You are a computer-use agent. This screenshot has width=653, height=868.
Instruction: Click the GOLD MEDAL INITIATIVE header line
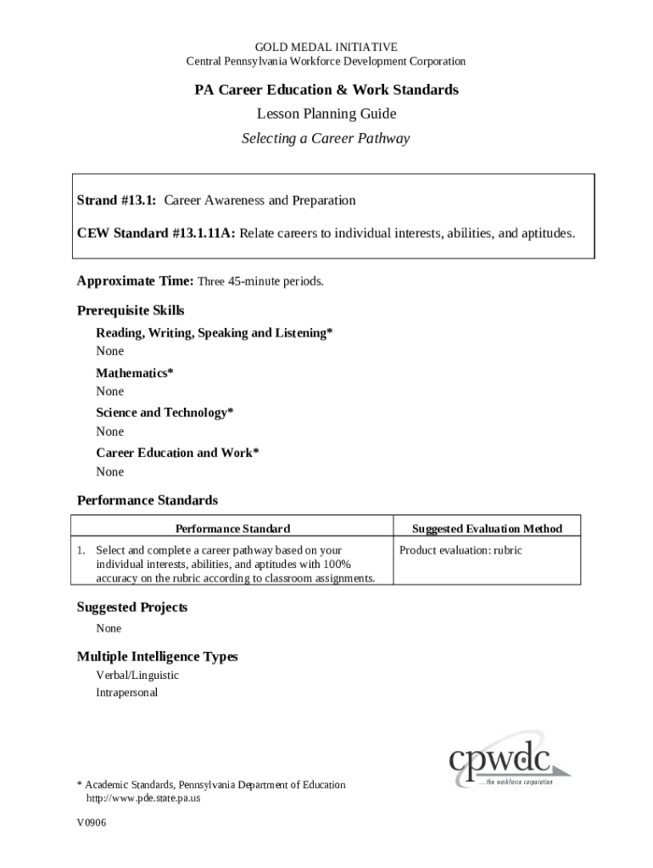pos(326,47)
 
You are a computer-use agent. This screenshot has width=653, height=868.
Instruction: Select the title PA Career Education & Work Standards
pos(326,90)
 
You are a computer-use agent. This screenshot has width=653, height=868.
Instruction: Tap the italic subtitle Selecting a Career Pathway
pos(326,138)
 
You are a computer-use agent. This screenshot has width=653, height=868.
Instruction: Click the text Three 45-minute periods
pos(260,281)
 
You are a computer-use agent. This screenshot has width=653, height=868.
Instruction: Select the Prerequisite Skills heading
pos(131,310)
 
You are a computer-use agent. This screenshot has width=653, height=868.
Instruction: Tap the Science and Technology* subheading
pos(165,413)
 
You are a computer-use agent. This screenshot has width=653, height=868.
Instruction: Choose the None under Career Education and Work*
pos(109,471)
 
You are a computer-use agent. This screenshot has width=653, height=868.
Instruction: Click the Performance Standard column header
pos(232,529)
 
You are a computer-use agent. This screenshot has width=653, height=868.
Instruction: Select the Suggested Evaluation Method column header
pos(487,529)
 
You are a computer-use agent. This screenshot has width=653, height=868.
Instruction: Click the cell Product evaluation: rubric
pos(460,551)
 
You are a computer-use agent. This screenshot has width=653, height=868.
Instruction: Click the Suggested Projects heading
pos(132,608)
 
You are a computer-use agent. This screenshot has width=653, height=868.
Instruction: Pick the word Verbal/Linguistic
pos(137,676)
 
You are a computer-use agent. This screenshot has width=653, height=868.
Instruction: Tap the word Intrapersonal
pos(126,693)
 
